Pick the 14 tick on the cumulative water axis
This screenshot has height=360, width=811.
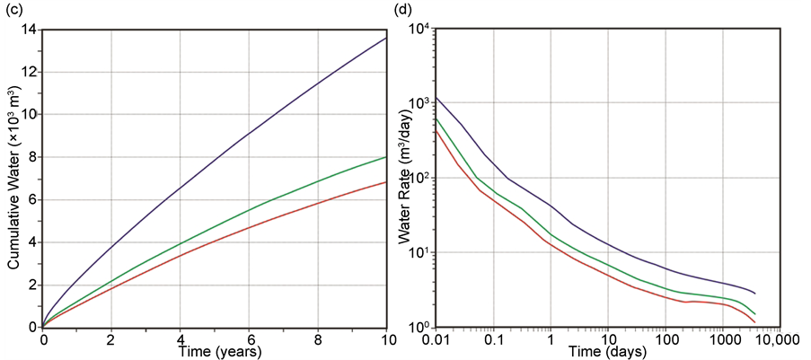click(29, 30)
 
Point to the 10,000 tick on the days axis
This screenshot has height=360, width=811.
click(775, 339)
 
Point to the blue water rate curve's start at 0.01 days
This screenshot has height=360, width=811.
click(436, 96)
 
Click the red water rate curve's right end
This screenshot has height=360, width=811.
click(756, 322)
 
